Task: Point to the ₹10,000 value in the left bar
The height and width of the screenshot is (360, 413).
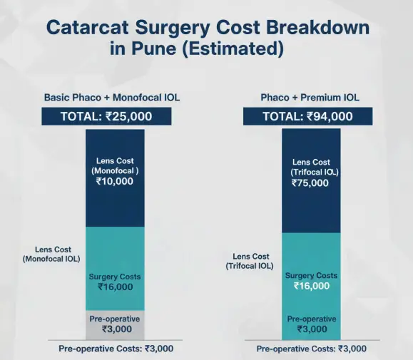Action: pyautogui.click(x=114, y=182)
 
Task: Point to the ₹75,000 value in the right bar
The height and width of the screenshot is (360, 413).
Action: pyautogui.click(x=310, y=183)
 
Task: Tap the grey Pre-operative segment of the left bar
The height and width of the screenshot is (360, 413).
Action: pyautogui.click(x=115, y=324)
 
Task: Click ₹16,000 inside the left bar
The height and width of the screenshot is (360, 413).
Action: pyautogui.click(x=115, y=287)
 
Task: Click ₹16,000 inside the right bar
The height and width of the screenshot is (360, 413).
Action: pyautogui.click(x=312, y=286)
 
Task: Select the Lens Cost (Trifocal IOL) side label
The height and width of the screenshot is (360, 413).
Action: pyautogui.click(x=250, y=261)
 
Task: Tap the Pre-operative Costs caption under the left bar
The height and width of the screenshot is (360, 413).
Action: pyautogui.click(x=115, y=349)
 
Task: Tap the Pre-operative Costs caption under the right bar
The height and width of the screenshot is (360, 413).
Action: pyautogui.click(x=311, y=349)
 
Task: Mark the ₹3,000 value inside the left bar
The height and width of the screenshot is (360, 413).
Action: pyautogui.click(x=115, y=329)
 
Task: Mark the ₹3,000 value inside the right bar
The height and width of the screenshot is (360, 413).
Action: pyautogui.click(x=311, y=329)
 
